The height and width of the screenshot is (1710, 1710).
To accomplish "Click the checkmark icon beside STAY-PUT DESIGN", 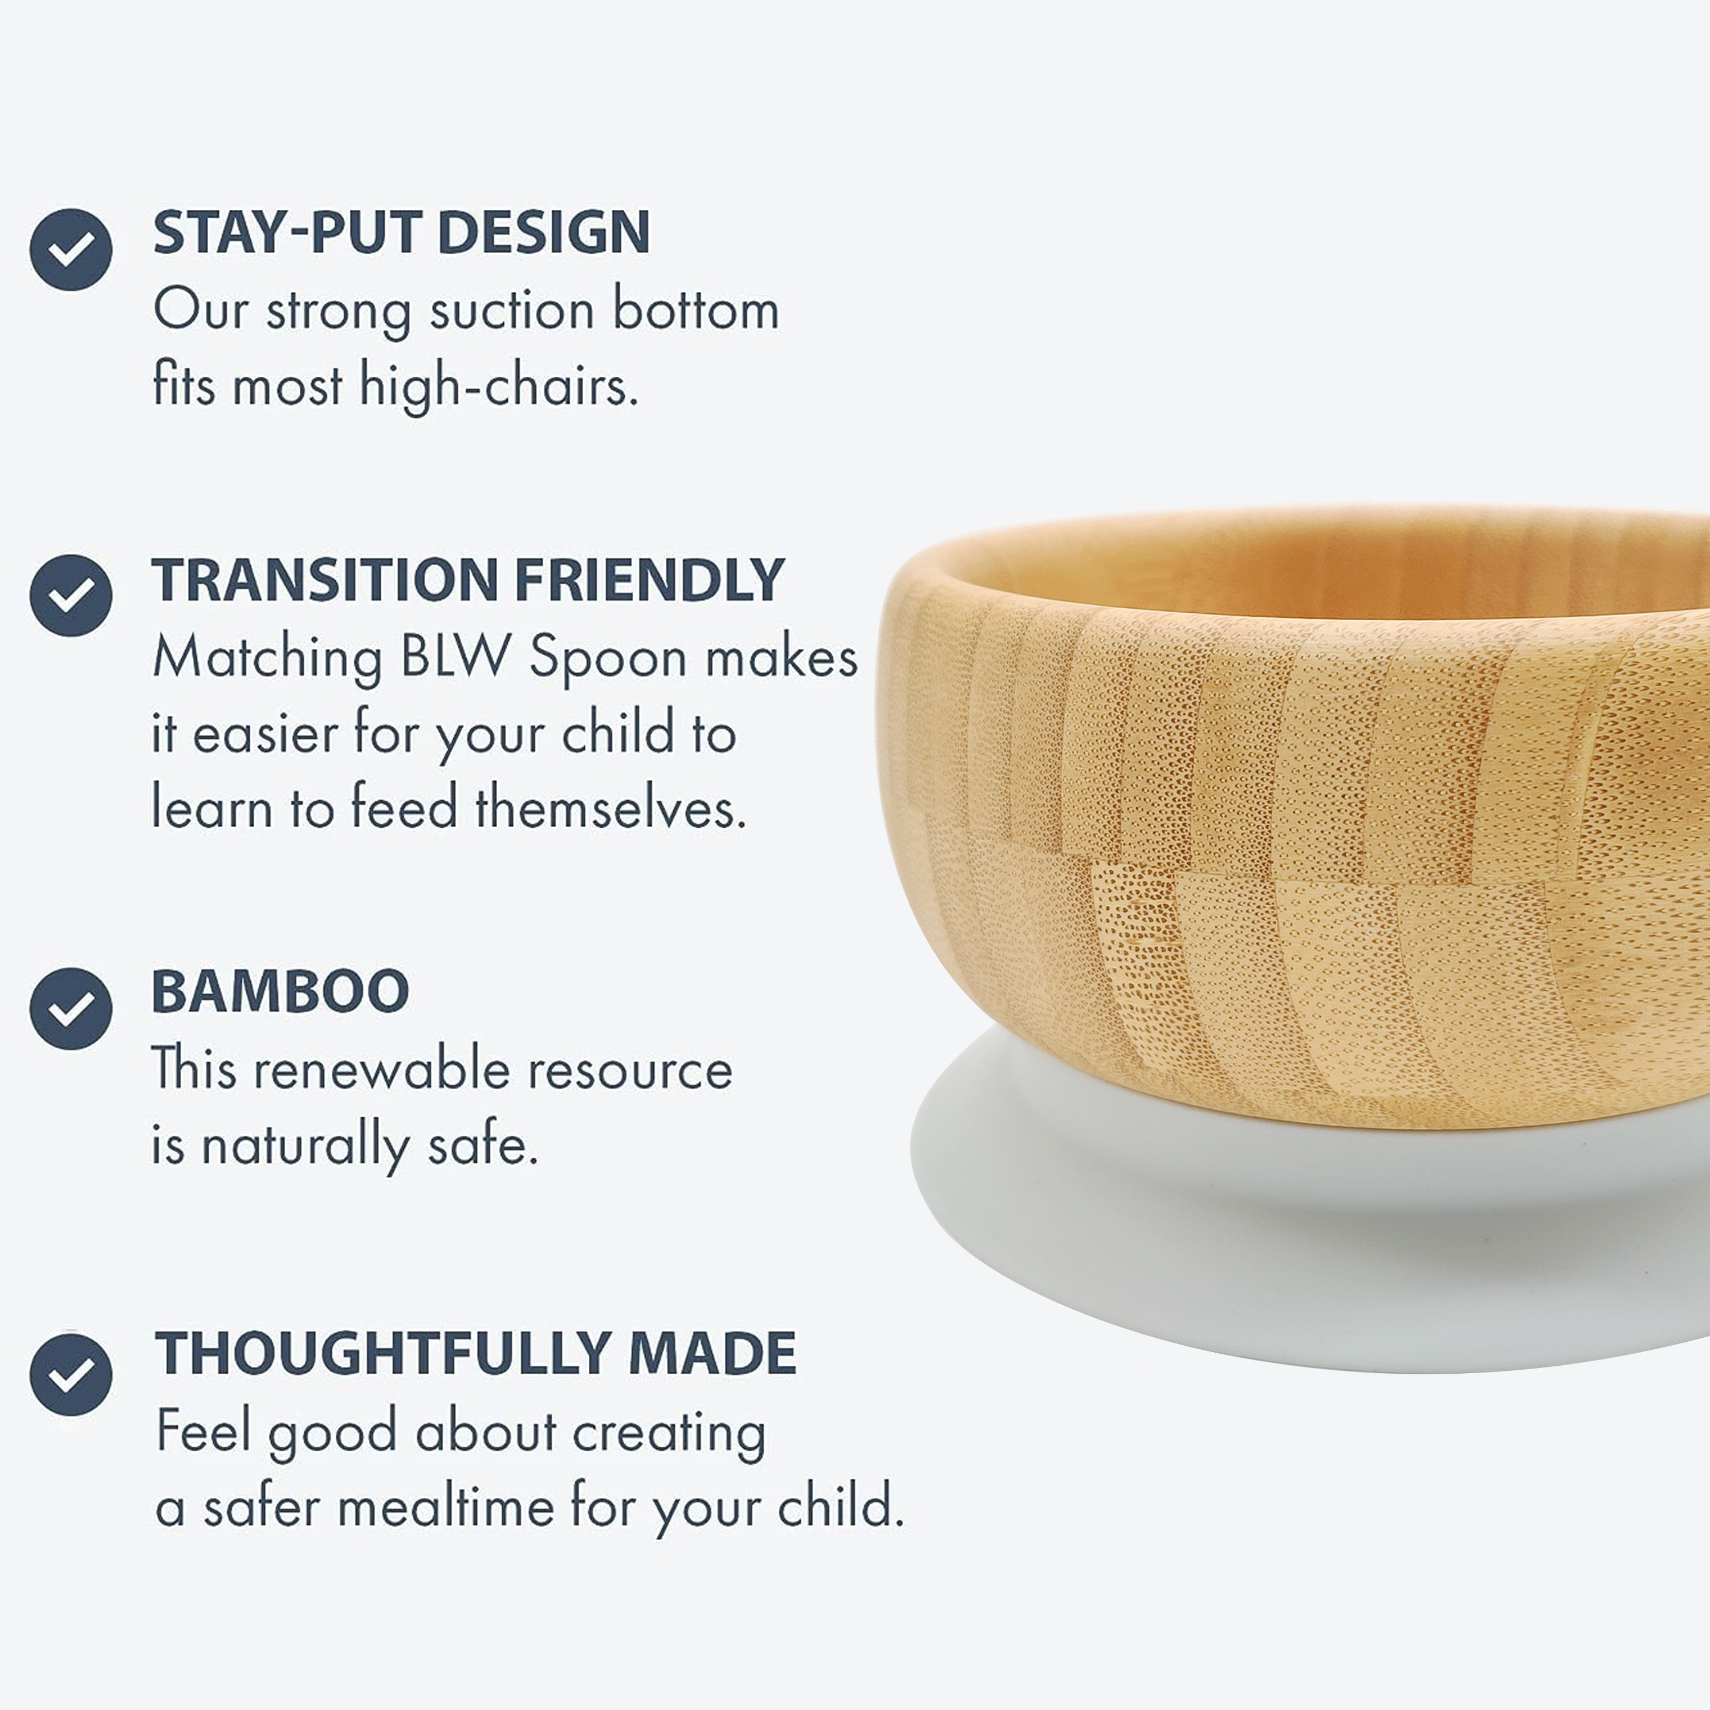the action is [x=71, y=250].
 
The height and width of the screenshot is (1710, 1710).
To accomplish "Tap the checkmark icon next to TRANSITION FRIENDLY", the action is [x=71, y=596].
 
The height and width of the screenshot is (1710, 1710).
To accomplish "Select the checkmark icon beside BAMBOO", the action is [x=71, y=1008].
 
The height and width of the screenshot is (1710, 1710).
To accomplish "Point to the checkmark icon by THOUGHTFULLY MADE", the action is [x=71, y=1374].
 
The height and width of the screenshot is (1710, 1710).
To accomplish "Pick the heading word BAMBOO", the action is [x=280, y=991].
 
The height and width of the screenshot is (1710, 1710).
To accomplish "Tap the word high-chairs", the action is [x=498, y=387].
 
